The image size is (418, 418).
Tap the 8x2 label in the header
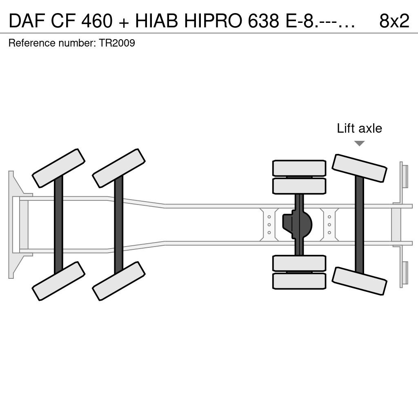point(394,21)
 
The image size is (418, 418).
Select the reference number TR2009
point(117,43)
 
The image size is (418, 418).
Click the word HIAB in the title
point(156,21)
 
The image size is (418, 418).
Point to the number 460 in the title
point(97,21)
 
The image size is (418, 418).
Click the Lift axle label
point(359,128)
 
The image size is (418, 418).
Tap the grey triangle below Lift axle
point(359,143)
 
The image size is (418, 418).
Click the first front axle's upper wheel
point(58,168)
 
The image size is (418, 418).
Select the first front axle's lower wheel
point(58,281)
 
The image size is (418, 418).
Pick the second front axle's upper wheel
point(119,168)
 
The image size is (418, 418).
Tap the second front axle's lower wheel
point(119,281)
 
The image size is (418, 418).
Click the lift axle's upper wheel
point(359,168)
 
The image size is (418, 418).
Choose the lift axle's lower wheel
point(359,281)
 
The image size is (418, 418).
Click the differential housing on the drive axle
point(297,225)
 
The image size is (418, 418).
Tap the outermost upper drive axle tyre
point(299,168)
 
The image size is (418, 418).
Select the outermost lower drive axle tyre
point(299,281)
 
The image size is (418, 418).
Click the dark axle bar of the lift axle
point(359,225)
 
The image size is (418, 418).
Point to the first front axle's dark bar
point(58,225)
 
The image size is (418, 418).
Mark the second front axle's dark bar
point(119,225)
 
